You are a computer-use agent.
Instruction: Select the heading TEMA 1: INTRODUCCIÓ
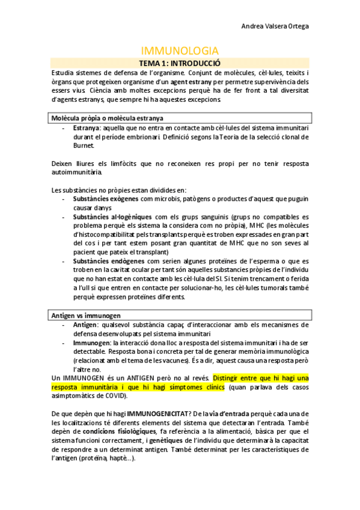point(180,63)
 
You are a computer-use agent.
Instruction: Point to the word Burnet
point(84,145)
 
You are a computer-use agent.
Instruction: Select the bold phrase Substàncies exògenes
point(106,198)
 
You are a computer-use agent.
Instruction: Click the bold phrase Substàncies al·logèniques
point(113,217)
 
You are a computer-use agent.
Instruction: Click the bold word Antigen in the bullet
point(85,325)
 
